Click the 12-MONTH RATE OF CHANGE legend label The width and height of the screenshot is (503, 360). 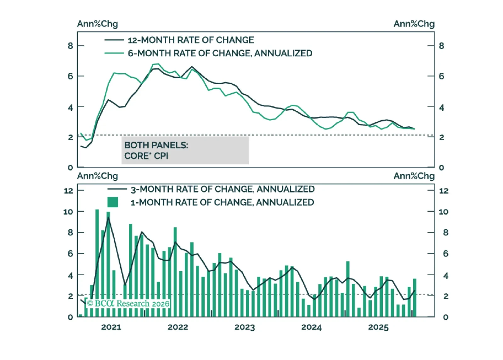tap(190, 40)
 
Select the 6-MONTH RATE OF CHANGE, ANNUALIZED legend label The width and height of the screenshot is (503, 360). tap(220, 53)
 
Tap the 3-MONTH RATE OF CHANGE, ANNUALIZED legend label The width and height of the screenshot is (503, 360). tap(223, 189)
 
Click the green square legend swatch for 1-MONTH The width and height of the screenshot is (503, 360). tap(113, 202)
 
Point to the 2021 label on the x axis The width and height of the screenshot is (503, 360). tap(111, 327)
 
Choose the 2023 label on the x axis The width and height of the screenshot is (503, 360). tap(245, 327)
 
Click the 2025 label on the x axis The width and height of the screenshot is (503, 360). tap(378, 327)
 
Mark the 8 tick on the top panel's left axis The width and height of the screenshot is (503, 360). tap(70, 46)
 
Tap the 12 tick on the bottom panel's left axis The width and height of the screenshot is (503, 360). tap(68, 191)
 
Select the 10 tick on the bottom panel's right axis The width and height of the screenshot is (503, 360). tap(443, 212)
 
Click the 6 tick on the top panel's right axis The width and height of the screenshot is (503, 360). tap(441, 76)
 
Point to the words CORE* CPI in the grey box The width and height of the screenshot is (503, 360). tap(146, 156)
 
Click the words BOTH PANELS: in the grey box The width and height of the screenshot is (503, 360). tap(156, 145)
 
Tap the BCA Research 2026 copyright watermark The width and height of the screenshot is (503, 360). tap(128, 303)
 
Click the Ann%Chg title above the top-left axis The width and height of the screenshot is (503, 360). tap(98, 24)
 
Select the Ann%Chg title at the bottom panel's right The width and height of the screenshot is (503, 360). tap(414, 176)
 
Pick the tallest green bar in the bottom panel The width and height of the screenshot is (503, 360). tap(97, 263)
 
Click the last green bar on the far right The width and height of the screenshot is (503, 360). tap(415, 297)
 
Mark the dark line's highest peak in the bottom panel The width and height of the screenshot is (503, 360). tap(108, 218)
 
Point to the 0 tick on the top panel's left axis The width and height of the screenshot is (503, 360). tap(70, 167)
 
